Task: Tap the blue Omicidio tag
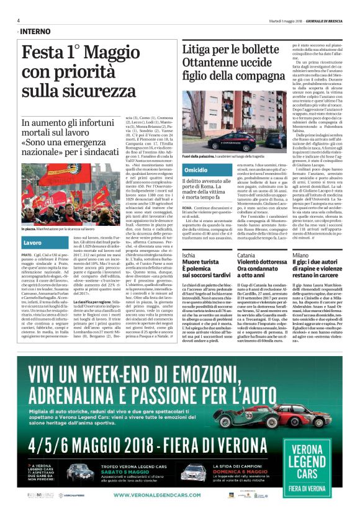point(196,169)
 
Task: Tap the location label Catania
point(246,255)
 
